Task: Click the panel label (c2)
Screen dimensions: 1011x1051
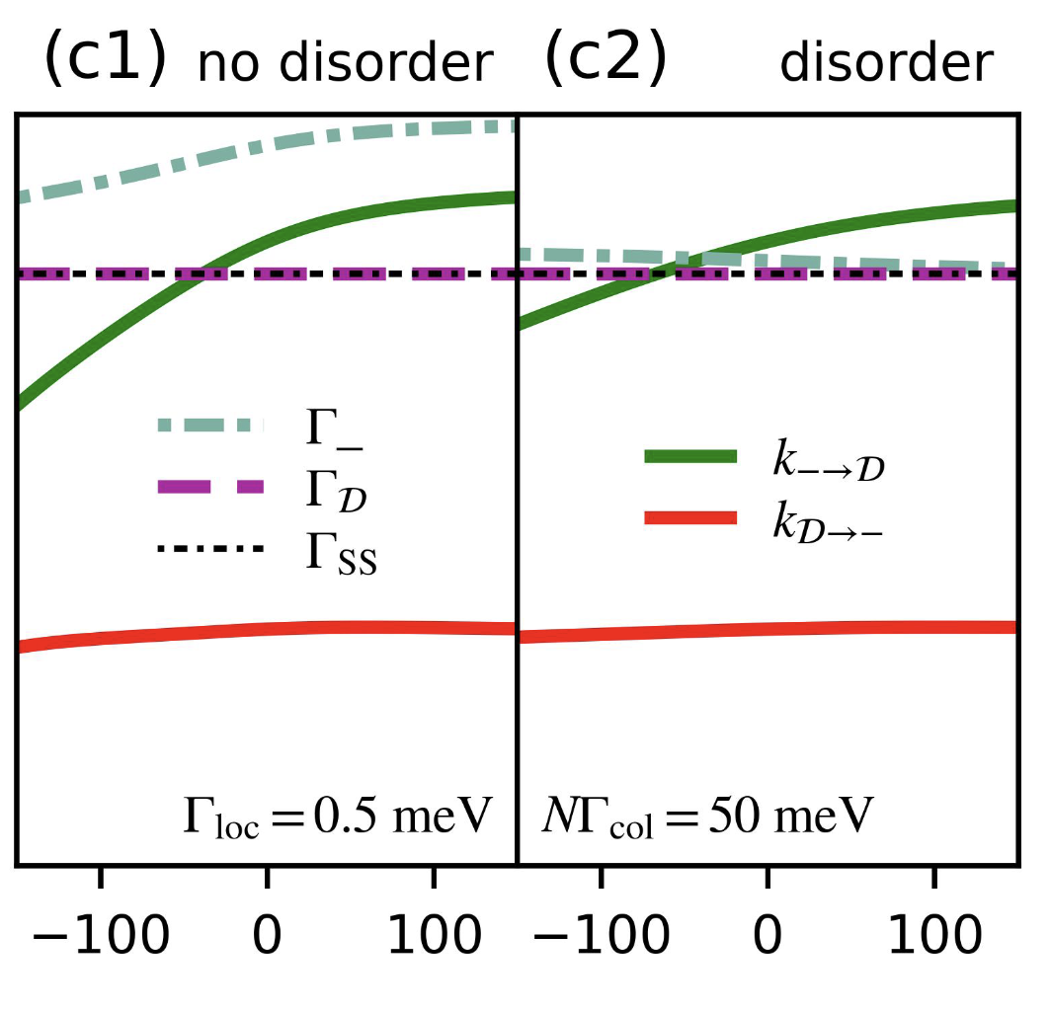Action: tap(606, 61)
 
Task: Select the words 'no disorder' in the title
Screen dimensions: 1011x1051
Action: tap(345, 64)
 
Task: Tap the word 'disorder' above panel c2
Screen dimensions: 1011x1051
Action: tap(885, 64)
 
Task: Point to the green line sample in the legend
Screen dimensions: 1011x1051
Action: tap(690, 455)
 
